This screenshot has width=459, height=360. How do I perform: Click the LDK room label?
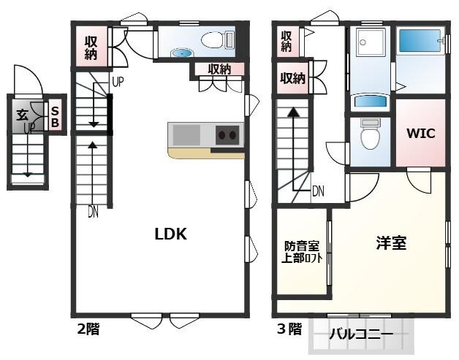[171, 234]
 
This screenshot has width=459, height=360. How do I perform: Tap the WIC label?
[422, 134]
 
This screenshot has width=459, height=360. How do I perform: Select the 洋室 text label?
[391, 244]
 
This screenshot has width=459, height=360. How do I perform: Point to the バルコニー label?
[360, 335]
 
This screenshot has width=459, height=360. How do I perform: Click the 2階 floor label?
[88, 329]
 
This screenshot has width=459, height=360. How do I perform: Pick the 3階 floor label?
[289, 329]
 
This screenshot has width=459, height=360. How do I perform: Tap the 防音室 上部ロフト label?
[302, 252]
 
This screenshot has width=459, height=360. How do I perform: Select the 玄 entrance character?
[22, 114]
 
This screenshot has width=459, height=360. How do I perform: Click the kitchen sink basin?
[185, 135]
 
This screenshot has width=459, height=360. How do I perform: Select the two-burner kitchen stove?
[227, 135]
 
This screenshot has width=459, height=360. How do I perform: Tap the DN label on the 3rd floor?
[319, 192]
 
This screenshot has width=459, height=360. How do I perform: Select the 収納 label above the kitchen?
[219, 70]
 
